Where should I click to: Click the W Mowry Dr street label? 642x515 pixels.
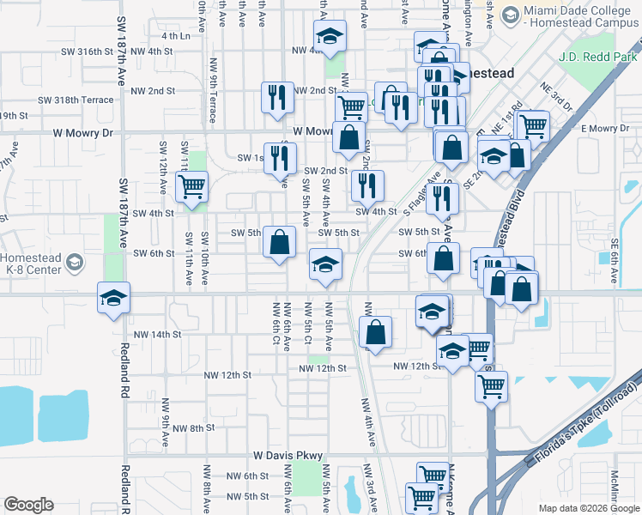[x=82, y=133]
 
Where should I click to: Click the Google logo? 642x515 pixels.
[x=28, y=505]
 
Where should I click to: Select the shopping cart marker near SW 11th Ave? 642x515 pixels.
[x=192, y=185]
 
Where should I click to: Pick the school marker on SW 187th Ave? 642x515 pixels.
[x=113, y=298]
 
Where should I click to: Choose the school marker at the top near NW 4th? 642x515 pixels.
[x=329, y=36]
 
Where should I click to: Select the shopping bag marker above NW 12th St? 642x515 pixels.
[x=376, y=332]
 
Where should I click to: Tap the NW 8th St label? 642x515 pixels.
[x=191, y=427]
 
